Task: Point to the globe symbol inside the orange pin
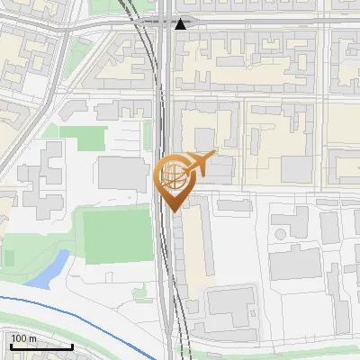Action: (x=173, y=175)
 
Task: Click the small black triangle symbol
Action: (x=181, y=24)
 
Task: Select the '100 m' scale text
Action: (x=23, y=338)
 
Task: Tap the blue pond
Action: (x=49, y=271)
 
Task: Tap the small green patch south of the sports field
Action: (x=139, y=292)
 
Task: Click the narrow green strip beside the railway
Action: (x=148, y=135)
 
